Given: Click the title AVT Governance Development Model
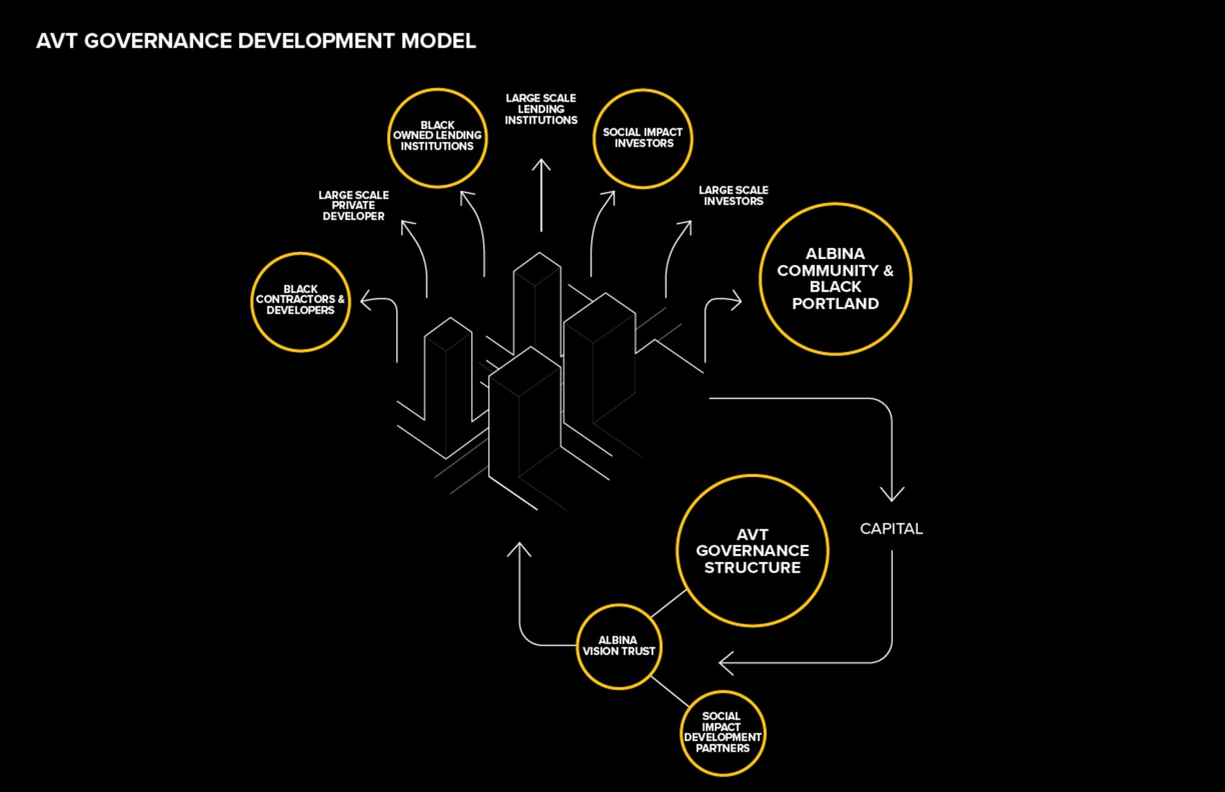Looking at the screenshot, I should click(256, 41).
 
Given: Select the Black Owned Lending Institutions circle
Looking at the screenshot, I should click(437, 138).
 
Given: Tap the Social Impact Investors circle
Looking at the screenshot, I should click(642, 138).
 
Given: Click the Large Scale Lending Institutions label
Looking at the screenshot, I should click(540, 109).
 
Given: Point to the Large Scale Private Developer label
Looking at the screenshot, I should click(353, 205).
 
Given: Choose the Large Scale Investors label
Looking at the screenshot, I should click(733, 195).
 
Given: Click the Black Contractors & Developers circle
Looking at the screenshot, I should click(300, 302).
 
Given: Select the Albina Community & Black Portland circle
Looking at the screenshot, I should click(835, 279).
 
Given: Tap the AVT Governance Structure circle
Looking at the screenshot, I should click(752, 551).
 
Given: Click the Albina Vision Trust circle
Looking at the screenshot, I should click(618, 646).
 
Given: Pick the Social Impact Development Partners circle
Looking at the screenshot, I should click(722, 733).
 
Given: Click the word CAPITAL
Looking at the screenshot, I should click(891, 528).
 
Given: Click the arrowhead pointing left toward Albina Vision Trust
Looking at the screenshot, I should click(724, 662).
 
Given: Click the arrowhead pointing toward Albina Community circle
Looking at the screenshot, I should click(736, 300).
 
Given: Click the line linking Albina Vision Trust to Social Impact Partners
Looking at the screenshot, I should click(669, 691).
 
